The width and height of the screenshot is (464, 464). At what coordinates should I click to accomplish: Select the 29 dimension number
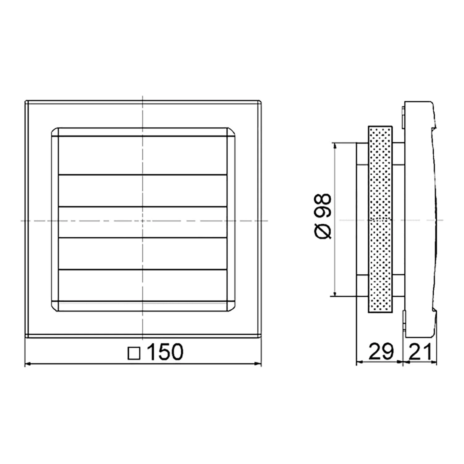pos(381,352)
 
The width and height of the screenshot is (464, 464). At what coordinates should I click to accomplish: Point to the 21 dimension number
pos(420,352)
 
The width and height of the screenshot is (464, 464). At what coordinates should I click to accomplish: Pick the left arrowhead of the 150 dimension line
pos(28,364)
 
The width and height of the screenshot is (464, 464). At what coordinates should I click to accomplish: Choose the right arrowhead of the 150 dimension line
pos(258,364)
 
